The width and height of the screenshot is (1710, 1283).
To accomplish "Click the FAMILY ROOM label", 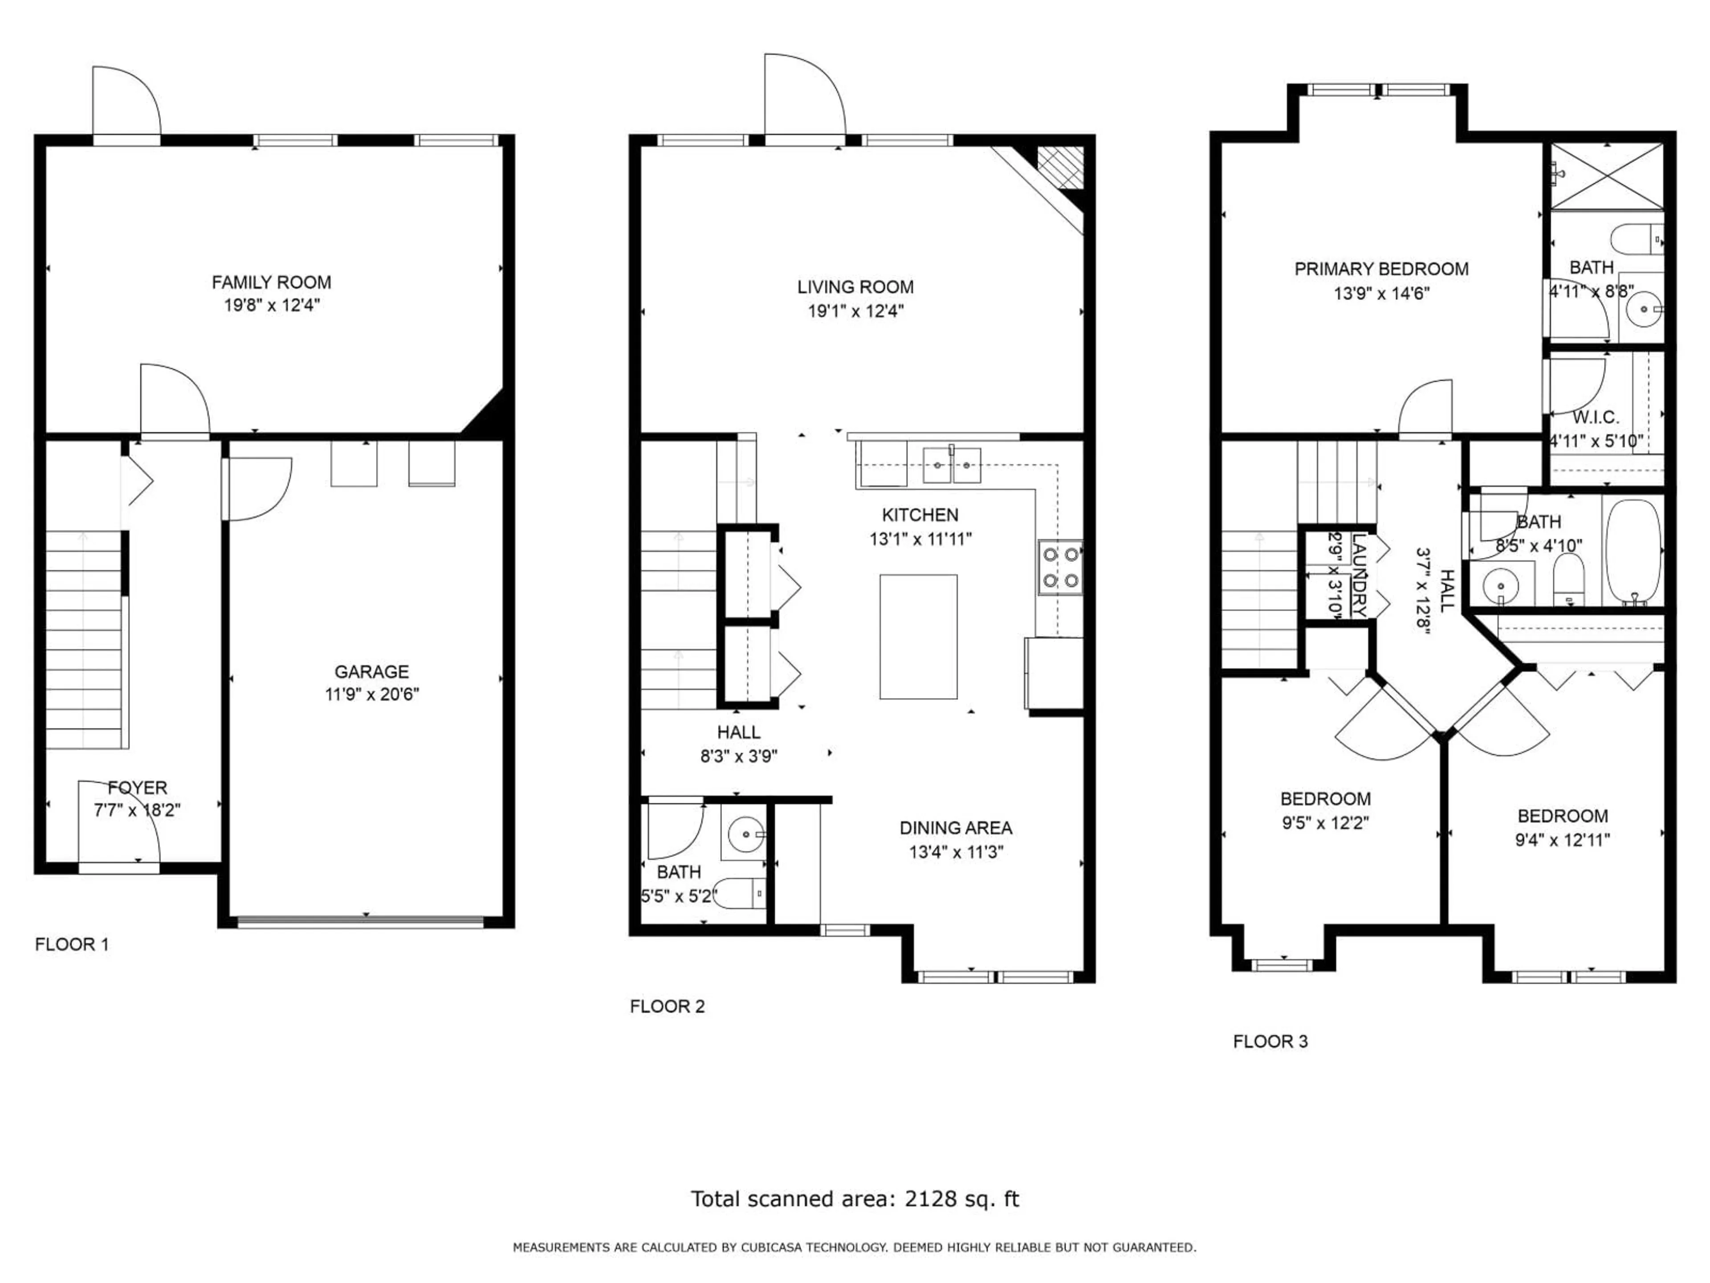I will coord(271,282).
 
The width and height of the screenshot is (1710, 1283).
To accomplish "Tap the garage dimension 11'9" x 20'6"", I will coord(372,694).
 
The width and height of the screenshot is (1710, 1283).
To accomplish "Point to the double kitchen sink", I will coord(952,465).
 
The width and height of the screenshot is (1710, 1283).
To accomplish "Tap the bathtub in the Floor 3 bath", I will coord(1633,552).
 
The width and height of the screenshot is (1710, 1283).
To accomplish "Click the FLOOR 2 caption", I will coord(667,1006).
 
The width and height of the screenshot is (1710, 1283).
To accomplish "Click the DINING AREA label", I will coord(956,828).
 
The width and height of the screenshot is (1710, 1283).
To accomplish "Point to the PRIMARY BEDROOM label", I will coord(1381,269).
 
